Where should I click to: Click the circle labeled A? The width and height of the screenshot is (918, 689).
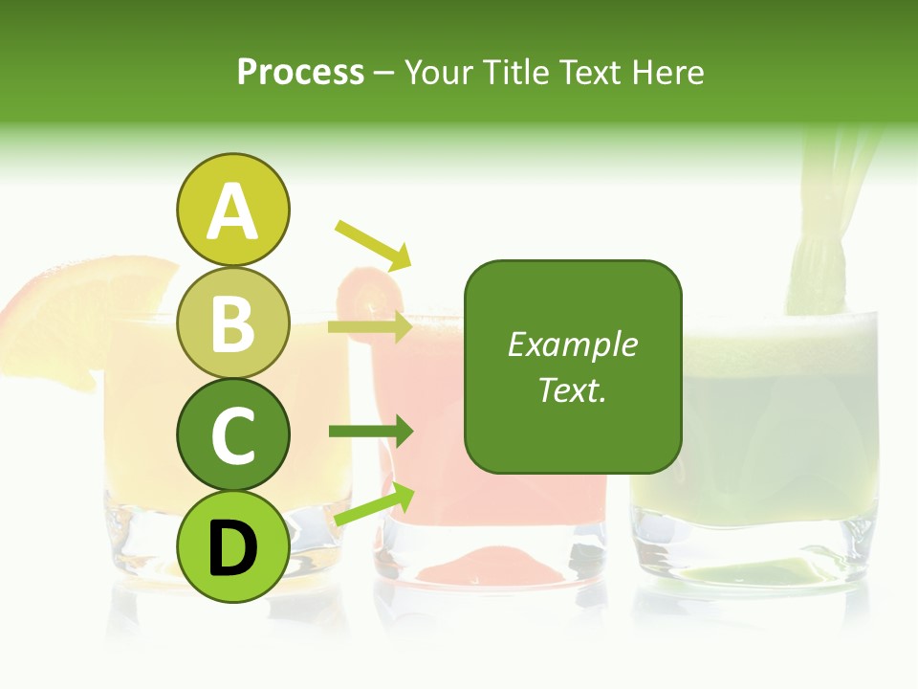tap(232, 211)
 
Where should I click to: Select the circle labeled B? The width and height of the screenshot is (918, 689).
tap(232, 323)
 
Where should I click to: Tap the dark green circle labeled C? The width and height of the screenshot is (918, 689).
tap(232, 435)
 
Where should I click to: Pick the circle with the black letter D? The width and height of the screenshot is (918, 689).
tap(232, 546)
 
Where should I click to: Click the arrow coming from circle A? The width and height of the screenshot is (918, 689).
tap(374, 244)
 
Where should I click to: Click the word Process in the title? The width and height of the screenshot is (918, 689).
tap(300, 72)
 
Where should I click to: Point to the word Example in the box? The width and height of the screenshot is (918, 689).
tap(573, 344)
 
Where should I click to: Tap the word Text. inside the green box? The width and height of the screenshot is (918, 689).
tap(573, 389)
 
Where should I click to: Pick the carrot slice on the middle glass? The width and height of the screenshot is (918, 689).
tap(368, 287)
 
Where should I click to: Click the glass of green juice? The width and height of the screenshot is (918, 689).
tap(755, 450)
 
